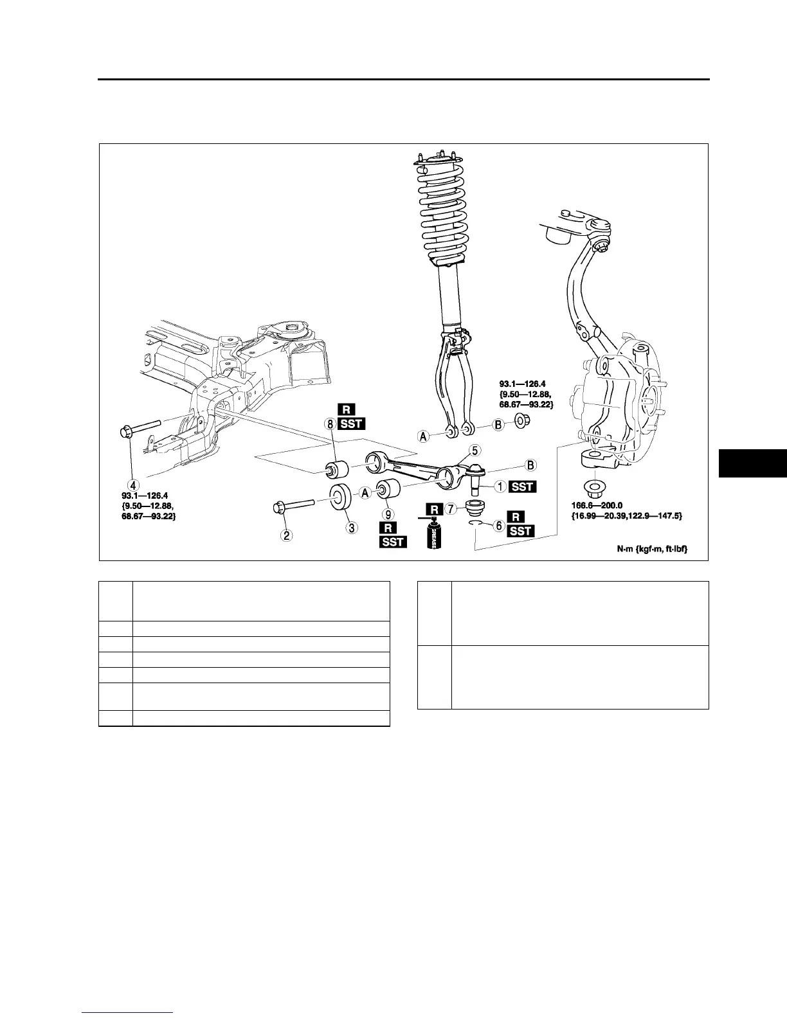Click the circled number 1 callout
coord(499,487)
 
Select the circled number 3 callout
coord(351,528)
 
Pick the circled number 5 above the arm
coord(475,450)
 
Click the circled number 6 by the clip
coord(498,525)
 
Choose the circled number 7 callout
coord(451,509)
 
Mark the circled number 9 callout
coord(387,514)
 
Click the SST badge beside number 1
coord(522,487)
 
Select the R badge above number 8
coord(346,409)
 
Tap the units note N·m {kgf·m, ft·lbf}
coord(651,549)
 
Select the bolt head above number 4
coord(125,431)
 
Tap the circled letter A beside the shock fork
coord(424,436)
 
